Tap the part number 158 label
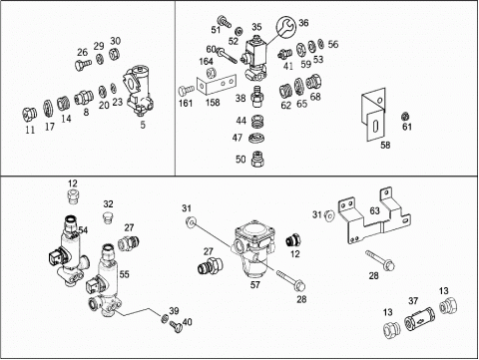tap(213, 102)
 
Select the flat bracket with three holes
tap(217, 84)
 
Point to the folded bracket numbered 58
tap(374, 114)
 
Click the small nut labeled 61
tap(405, 117)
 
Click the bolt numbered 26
tap(82, 64)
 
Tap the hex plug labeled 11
tap(29, 115)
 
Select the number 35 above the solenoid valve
tap(256, 27)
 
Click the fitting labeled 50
tap(256, 159)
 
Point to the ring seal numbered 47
tap(255, 138)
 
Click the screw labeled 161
tap(187, 91)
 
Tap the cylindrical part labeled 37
tap(419, 318)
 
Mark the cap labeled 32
tap(108, 218)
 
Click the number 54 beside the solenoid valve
tap(83, 230)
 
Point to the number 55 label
tap(124, 274)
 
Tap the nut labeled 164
tap(211, 72)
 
